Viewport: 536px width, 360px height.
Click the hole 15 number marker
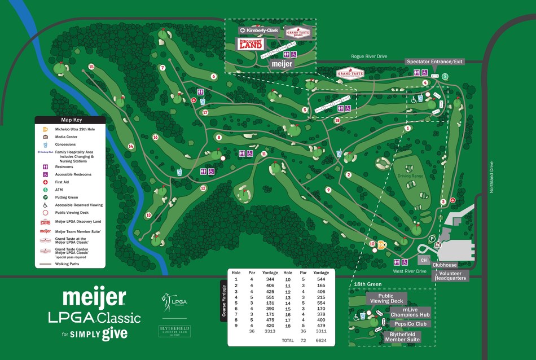[x=91, y=67]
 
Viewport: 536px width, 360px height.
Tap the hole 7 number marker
[x=162, y=68]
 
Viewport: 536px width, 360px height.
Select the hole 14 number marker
[x=131, y=147]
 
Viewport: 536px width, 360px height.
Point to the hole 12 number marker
[x=203, y=188]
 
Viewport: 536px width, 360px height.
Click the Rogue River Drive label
[x=370, y=56]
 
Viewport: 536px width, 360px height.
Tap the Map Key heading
[x=70, y=120]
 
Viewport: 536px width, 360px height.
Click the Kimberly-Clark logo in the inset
[x=259, y=30]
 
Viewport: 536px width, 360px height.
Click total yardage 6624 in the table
[x=320, y=341]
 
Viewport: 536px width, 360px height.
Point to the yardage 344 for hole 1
[x=270, y=279]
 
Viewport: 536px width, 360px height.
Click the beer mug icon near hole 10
[x=383, y=245]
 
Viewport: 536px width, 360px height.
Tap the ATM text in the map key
[x=59, y=190]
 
